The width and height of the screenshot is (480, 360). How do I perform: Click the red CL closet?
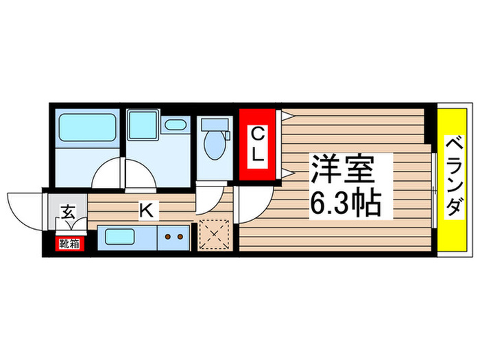[x=257, y=146]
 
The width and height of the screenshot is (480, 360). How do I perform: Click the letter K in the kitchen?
[x=146, y=211]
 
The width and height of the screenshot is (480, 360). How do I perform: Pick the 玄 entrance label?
[x=69, y=211]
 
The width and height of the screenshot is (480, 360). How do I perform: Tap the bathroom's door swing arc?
[x=108, y=174]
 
